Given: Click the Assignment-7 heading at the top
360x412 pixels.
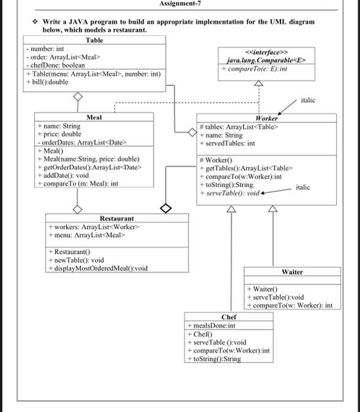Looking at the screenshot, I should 180,4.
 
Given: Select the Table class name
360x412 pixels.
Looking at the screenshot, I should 94,40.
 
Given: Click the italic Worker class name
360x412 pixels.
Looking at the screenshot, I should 266,118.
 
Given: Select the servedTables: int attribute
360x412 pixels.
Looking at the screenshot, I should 227,143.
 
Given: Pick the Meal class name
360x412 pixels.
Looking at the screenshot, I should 94,118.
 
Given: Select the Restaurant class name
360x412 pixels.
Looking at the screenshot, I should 117,218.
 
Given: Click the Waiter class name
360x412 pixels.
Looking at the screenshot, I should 292,272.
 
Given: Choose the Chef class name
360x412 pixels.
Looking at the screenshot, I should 229,317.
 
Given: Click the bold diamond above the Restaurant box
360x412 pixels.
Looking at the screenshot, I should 166,208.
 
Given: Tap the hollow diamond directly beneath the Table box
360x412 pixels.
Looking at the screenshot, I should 75,98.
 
